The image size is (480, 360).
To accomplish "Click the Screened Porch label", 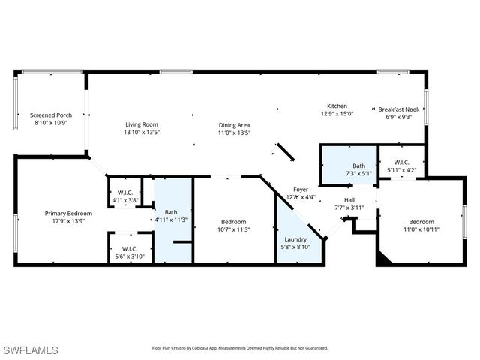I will (52, 115).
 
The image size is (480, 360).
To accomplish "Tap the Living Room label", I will (142, 124).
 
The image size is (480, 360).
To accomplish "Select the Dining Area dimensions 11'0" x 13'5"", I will (234, 133).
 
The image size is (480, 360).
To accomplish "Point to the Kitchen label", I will (337, 106).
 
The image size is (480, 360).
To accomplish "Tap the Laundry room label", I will (295, 239).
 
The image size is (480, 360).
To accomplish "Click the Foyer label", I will (300, 190).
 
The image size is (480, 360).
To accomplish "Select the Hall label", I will (349, 199).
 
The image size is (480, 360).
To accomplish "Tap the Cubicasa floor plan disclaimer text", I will (240, 348).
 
